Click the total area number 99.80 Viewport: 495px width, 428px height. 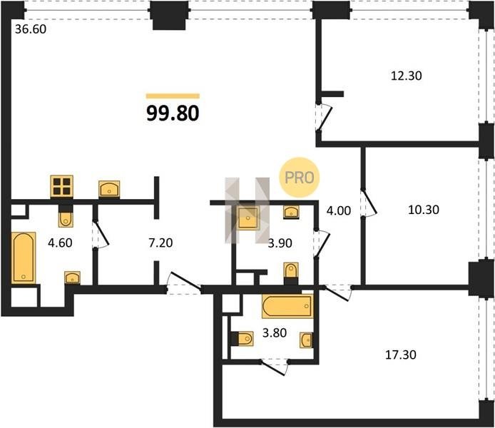pyautogui.click(x=173, y=113)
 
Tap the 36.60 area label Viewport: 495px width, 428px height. pyautogui.click(x=31, y=29)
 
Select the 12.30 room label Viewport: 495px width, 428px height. pyautogui.click(x=407, y=76)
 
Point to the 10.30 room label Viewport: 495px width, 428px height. pyautogui.click(x=424, y=210)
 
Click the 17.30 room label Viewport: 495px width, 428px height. pyautogui.click(x=401, y=355)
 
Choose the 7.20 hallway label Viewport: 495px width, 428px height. pyautogui.click(x=160, y=243)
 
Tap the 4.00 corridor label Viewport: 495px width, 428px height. pyautogui.click(x=339, y=210)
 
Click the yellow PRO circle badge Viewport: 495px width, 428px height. pyautogui.click(x=300, y=178)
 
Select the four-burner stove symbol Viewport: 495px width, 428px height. pyautogui.click(x=62, y=186)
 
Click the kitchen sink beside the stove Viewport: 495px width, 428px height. pyautogui.click(x=109, y=189)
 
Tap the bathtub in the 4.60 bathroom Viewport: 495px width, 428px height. pyautogui.click(x=24, y=258)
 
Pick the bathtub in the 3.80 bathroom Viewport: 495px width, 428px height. pyautogui.click(x=287, y=306)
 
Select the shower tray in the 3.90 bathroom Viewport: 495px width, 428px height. pyautogui.click(x=247, y=218)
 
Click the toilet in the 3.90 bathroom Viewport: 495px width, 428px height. pyautogui.click(x=291, y=271)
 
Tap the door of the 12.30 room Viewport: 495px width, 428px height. pyautogui.click(x=324, y=117)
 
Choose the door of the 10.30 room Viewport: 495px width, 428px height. pyautogui.click(x=369, y=203)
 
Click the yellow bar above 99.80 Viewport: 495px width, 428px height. pyautogui.click(x=173, y=96)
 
